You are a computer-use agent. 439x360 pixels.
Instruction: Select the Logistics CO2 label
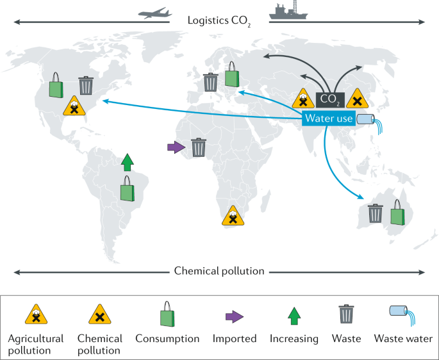[x=219, y=22]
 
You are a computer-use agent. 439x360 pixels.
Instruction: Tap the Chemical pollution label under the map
[x=219, y=271]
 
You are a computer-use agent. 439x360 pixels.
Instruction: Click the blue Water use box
[x=329, y=118]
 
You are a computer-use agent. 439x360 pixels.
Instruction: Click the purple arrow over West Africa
[x=175, y=147]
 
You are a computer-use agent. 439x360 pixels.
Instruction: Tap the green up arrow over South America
[x=128, y=163]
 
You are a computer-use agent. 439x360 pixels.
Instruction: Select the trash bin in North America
[x=85, y=85]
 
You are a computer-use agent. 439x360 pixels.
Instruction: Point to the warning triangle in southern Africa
[x=233, y=216]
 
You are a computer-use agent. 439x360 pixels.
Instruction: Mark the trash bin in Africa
[x=199, y=147]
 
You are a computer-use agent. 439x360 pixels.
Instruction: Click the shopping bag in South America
[x=128, y=190]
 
